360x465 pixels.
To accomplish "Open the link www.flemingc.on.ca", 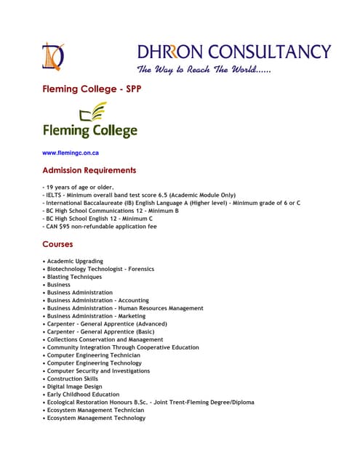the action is point(71,153).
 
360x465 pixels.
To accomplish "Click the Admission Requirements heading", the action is point(89,171).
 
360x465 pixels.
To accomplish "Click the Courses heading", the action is point(57,245).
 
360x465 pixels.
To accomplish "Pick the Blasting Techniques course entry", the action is point(74,277).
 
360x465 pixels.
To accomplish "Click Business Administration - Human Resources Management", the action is point(125,308).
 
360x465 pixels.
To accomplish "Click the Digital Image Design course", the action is point(74,387).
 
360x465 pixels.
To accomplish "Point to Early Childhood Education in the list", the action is point(82,395).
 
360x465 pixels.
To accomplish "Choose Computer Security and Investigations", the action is point(98,371).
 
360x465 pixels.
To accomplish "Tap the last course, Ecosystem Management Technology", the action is point(96,418).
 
